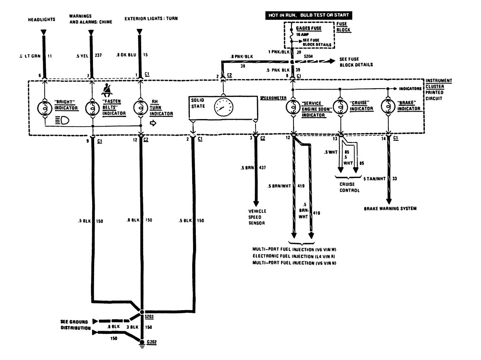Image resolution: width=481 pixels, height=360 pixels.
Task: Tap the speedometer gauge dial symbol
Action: point(223,107)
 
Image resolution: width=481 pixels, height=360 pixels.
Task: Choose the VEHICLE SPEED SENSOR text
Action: point(257,217)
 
